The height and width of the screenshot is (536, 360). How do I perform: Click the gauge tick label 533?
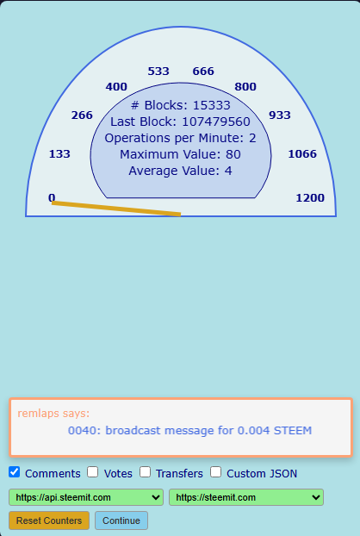pyautogui.click(x=158, y=72)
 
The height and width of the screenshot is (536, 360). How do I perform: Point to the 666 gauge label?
pyautogui.click(x=203, y=72)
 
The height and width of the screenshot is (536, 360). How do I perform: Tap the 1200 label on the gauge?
pyautogui.click(x=310, y=198)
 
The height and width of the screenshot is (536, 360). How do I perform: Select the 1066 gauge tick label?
pyautogui.click(x=302, y=154)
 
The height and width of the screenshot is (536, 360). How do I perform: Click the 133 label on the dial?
pyautogui.click(x=59, y=154)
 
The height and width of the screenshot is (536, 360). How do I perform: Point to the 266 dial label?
pyautogui.click(x=82, y=115)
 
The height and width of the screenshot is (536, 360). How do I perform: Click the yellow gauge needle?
pyautogui.click(x=116, y=209)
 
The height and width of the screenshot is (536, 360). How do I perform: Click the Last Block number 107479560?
pyautogui.click(x=216, y=122)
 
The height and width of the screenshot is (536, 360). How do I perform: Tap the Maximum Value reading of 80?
pyautogui.click(x=233, y=154)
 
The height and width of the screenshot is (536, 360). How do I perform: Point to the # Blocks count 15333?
pyautogui.click(x=211, y=105)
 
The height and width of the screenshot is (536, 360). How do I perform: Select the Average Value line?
pyautogui.click(x=180, y=171)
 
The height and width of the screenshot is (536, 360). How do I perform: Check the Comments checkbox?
pyautogui.click(x=15, y=472)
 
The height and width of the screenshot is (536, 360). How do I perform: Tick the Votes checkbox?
pyautogui.click(x=92, y=472)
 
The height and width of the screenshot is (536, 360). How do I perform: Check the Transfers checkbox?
pyautogui.click(x=146, y=472)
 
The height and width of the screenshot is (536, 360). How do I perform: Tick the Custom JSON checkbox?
pyautogui.click(x=216, y=472)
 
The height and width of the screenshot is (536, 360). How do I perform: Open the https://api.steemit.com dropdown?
pyautogui.click(x=86, y=497)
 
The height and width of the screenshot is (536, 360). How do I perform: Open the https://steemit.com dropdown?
pyautogui.click(x=246, y=497)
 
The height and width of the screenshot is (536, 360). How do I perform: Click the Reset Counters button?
pyautogui.click(x=49, y=520)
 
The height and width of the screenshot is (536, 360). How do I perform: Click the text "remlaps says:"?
pyautogui.click(x=53, y=414)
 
